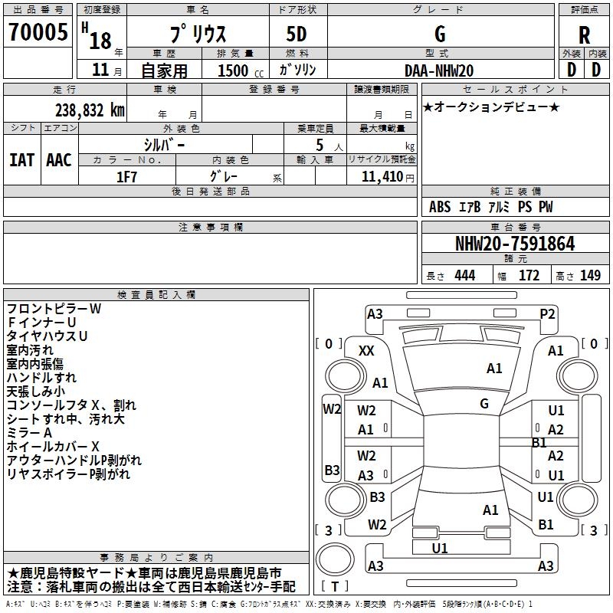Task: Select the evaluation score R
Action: click(x=585, y=36)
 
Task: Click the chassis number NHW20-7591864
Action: click(x=514, y=244)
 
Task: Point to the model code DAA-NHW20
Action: click(x=439, y=70)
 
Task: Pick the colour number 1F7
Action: click(x=126, y=176)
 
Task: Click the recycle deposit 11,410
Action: click(x=382, y=176)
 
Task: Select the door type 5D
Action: click(x=297, y=34)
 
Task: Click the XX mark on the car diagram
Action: click(x=367, y=350)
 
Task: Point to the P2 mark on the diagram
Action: click(x=547, y=313)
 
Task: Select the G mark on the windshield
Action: click(x=484, y=403)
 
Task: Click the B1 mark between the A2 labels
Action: click(x=539, y=442)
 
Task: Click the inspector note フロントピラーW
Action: click(x=54, y=309)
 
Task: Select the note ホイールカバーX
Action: click(x=53, y=446)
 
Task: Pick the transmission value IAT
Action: click(x=22, y=159)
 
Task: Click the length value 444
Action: click(x=464, y=276)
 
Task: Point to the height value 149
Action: click(x=590, y=276)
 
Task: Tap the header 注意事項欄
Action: click(x=211, y=228)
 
